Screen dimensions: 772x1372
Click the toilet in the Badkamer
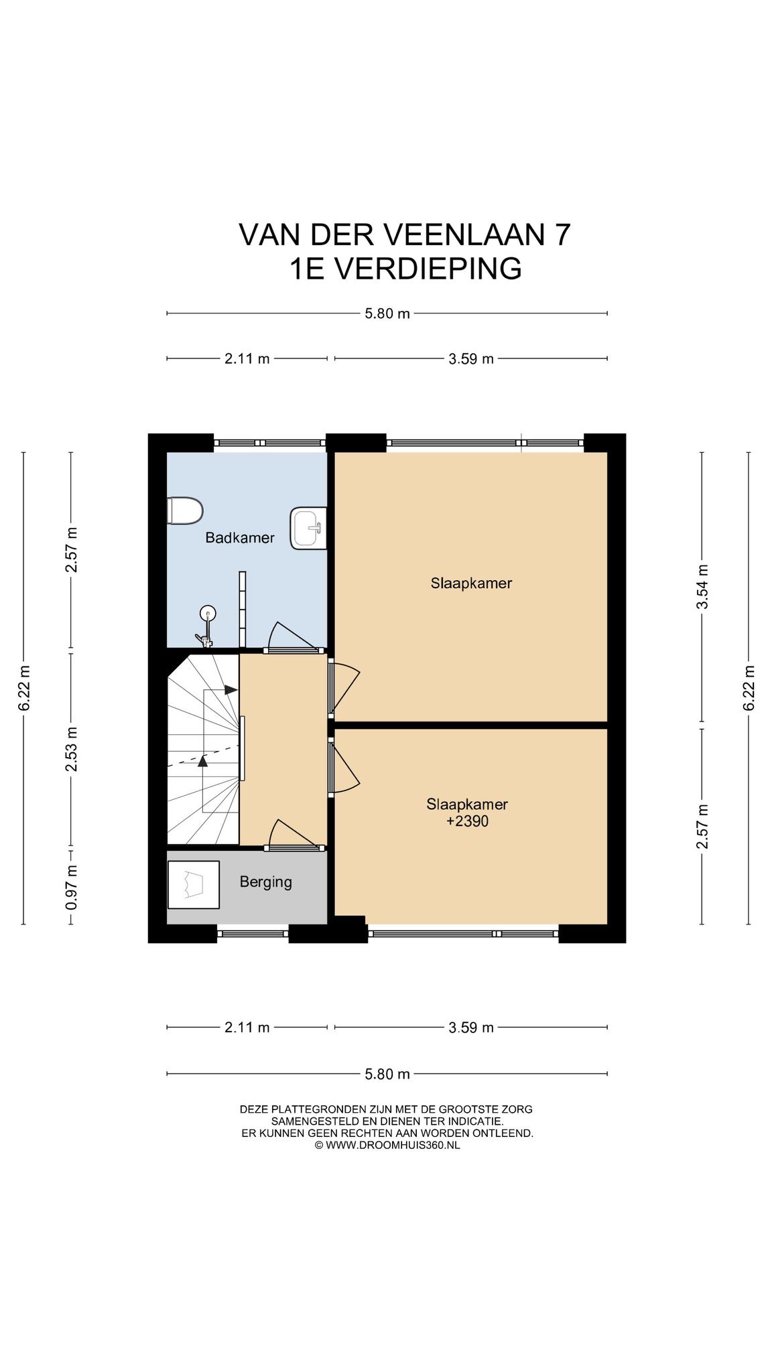[x=184, y=511]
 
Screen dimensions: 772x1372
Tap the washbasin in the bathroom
[x=309, y=529]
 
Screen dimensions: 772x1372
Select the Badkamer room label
[x=240, y=537]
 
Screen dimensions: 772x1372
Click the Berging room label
[x=266, y=882]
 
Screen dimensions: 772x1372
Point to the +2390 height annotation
[x=467, y=821]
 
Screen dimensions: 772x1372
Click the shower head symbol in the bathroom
[x=208, y=612]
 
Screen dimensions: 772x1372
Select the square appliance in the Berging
[x=194, y=885]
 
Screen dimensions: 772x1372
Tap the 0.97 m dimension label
[x=72, y=887]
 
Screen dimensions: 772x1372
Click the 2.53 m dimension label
[x=72, y=749]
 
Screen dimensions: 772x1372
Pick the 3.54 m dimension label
[x=702, y=587]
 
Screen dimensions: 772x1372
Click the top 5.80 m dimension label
[x=387, y=313]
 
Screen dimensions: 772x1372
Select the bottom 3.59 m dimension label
[x=471, y=1027]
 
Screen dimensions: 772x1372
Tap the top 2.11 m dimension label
[x=247, y=358]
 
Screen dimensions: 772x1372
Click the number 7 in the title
[x=562, y=234]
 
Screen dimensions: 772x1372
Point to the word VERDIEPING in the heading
[x=427, y=269]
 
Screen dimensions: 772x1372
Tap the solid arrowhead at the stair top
[x=231, y=689]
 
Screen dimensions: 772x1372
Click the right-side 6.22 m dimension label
[x=749, y=689]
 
